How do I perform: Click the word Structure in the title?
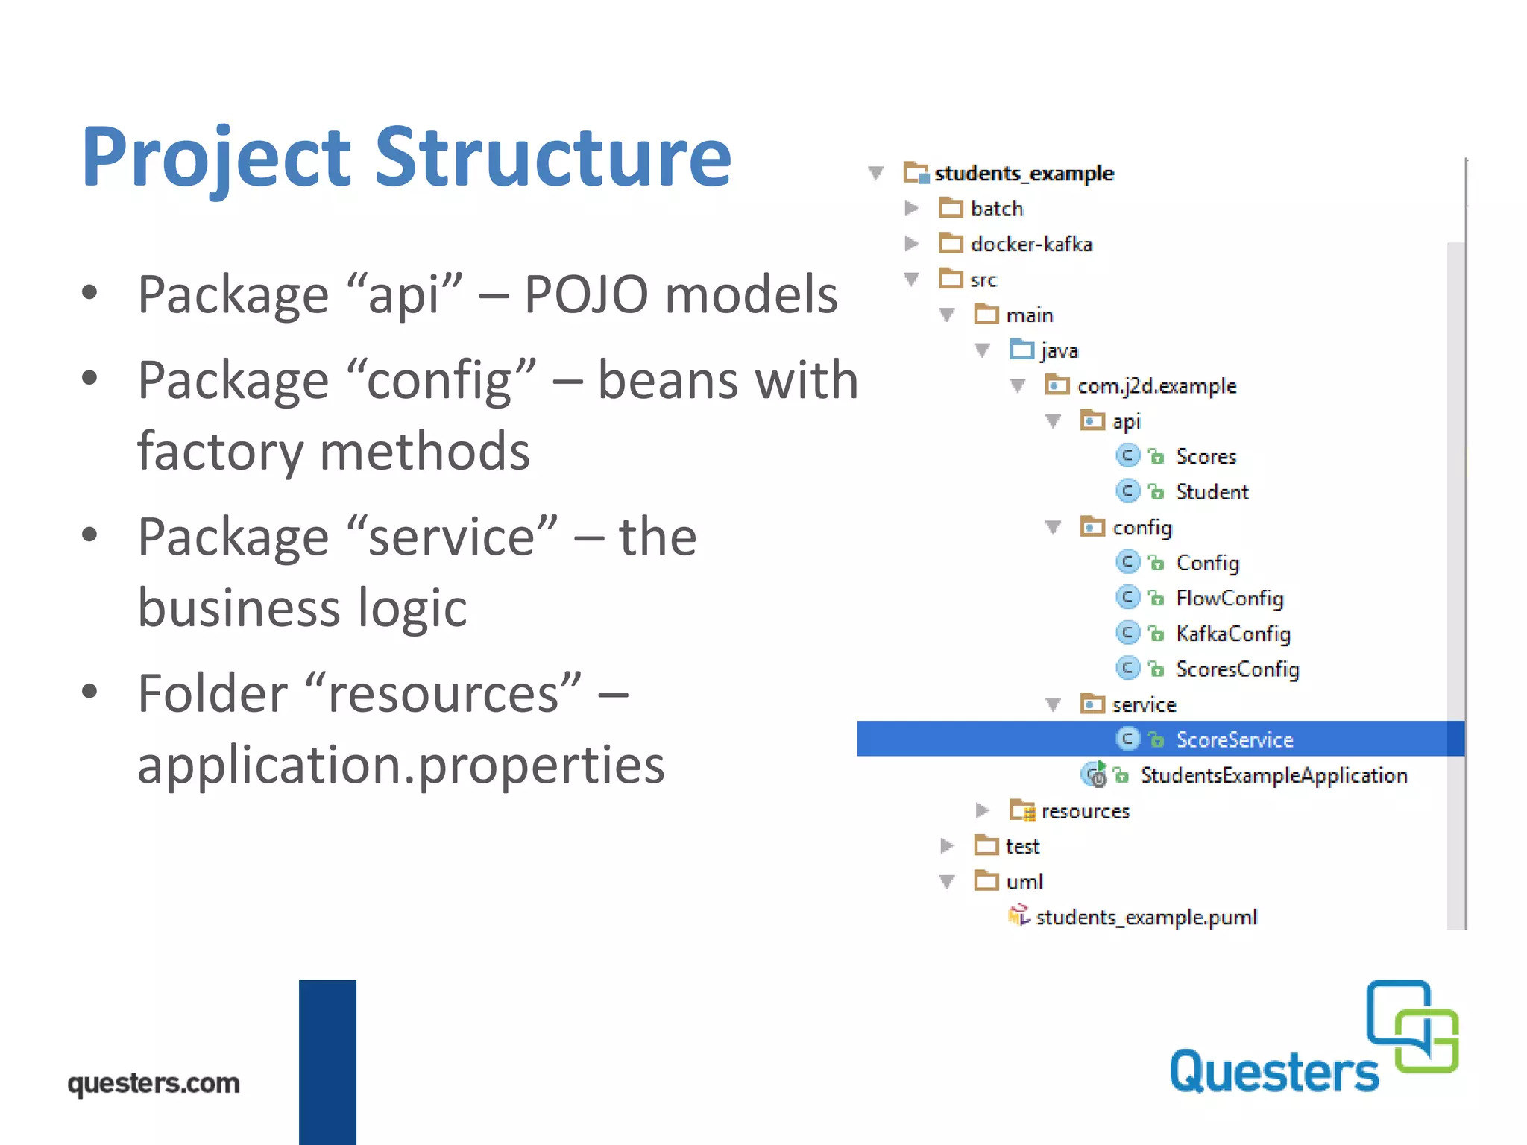click(x=552, y=158)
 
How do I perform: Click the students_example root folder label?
click(x=1024, y=174)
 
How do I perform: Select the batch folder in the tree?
click(x=996, y=209)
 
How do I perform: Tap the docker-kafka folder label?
click(x=1031, y=245)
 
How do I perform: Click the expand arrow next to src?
click(x=911, y=280)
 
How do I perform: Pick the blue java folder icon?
click(x=1021, y=350)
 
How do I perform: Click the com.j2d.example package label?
click(x=1156, y=386)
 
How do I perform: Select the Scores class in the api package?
click(x=1206, y=456)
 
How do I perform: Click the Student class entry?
click(x=1212, y=492)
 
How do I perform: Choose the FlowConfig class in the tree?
click(x=1230, y=599)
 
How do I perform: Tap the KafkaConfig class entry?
click(x=1233, y=634)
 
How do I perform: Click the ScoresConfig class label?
click(x=1238, y=669)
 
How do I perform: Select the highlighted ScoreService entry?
click(x=1234, y=739)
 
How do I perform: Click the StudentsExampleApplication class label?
click(x=1273, y=775)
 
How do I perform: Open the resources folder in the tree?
click(x=1085, y=811)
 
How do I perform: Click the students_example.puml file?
click(x=1146, y=918)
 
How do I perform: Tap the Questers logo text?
click(x=1274, y=1072)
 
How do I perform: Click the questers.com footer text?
click(x=154, y=1083)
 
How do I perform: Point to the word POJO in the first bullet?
click(x=586, y=294)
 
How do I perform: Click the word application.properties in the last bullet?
click(x=401, y=766)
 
